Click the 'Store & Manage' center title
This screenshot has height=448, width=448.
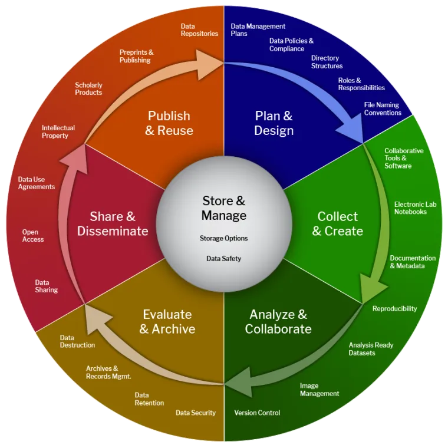point(224,208)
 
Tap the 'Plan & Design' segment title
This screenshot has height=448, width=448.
point(274,123)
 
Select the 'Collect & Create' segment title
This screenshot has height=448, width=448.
point(338,223)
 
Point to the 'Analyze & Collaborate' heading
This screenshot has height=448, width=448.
point(278,321)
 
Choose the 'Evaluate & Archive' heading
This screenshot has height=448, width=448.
point(167,321)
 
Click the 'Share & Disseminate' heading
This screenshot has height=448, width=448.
point(113,223)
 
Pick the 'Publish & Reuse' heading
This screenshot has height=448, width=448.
point(169,123)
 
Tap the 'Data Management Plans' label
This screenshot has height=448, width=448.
point(258,30)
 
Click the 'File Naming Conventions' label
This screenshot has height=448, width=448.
point(383,108)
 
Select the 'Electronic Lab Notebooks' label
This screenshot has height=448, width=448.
point(415,207)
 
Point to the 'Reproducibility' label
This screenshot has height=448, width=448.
point(394,308)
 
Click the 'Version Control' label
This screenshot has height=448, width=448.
point(257,413)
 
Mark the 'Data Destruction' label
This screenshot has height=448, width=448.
point(77,341)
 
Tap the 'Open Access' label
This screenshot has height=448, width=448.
point(33,236)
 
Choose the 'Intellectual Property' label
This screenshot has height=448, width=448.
point(58,131)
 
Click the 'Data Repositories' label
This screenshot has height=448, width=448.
point(199,29)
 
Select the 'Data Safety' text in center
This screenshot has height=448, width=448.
point(223,258)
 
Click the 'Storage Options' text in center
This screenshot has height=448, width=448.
point(224,238)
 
